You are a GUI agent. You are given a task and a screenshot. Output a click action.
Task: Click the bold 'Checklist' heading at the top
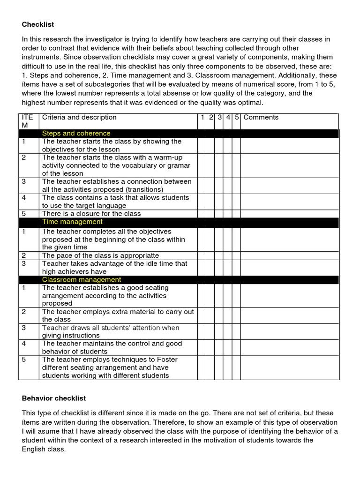coord(38,24)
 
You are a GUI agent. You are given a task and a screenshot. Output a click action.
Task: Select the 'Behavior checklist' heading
coord(54,398)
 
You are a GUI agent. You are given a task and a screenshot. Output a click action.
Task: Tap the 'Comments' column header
coord(261,118)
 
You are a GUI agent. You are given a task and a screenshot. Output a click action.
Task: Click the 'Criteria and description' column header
coord(79,118)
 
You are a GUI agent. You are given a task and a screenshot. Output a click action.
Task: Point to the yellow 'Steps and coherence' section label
coord(76,134)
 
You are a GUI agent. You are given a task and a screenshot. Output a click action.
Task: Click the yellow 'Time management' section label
coord(72,222)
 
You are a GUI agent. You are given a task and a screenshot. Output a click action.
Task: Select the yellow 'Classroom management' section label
coord(82,280)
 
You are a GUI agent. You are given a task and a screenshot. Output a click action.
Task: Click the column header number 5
coord(237,118)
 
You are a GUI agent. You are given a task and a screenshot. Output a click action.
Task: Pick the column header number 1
coord(202,118)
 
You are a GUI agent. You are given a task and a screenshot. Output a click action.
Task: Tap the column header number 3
coord(219,118)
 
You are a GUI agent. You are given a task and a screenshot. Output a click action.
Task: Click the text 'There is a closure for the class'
coord(91,214)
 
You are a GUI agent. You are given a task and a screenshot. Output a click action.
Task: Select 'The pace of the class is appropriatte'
coord(100,256)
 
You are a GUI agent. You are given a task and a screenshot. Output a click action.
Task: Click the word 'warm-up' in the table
coord(169,157)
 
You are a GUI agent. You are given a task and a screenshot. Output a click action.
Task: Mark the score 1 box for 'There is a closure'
coord(202,214)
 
